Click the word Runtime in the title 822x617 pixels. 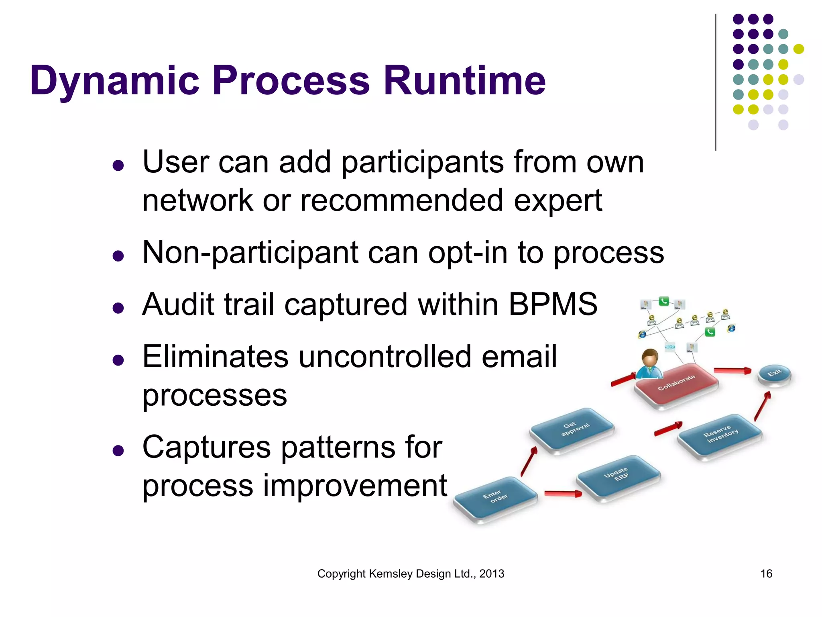464,80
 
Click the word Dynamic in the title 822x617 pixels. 114,80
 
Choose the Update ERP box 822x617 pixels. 618,476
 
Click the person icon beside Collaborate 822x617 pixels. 649,364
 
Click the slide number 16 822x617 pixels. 766,574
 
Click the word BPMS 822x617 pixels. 553,304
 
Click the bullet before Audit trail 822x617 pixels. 118,308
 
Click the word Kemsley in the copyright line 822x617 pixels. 391,574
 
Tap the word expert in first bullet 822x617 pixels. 558,200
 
